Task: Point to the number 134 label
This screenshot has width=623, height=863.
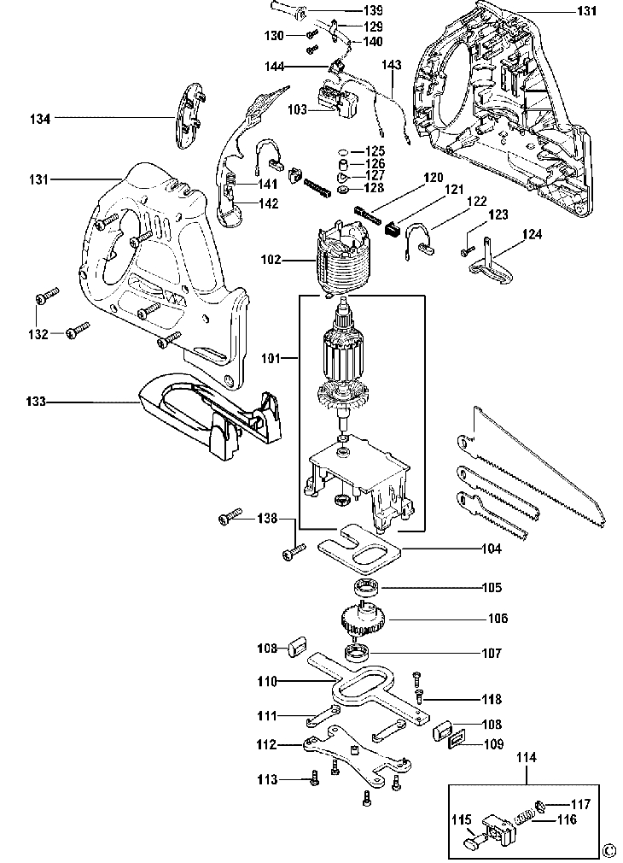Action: point(40,118)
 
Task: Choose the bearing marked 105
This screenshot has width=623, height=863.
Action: point(365,587)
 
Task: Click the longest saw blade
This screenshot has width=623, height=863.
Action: point(531,465)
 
